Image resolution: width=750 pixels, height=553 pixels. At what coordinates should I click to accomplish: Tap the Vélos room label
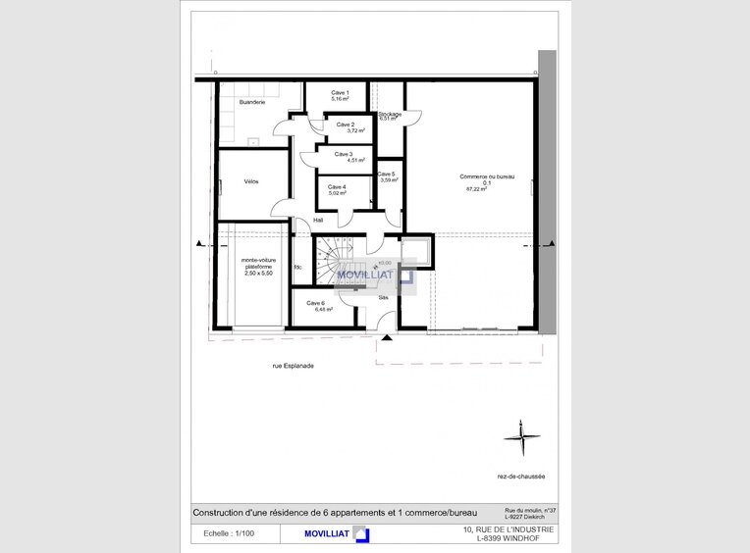tap(251, 181)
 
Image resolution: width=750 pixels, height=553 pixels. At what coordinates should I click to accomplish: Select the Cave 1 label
tap(341, 92)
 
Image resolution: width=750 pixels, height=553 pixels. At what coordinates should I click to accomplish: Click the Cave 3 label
tap(343, 154)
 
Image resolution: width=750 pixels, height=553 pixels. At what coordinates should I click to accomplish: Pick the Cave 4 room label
tap(337, 186)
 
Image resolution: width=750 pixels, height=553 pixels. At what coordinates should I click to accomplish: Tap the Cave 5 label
tap(387, 174)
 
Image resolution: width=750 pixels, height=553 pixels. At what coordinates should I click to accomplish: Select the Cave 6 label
tap(315, 302)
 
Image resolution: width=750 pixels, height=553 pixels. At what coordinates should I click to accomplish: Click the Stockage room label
tap(390, 114)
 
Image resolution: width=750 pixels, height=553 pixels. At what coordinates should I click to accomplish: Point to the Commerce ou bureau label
tap(487, 176)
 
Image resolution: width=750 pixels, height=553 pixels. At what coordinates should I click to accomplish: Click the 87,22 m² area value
tap(477, 189)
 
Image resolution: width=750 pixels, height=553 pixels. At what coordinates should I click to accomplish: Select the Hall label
tap(318, 221)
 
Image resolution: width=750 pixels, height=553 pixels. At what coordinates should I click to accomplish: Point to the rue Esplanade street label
tap(293, 366)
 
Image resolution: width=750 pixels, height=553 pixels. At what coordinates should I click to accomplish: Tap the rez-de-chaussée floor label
tap(521, 477)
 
